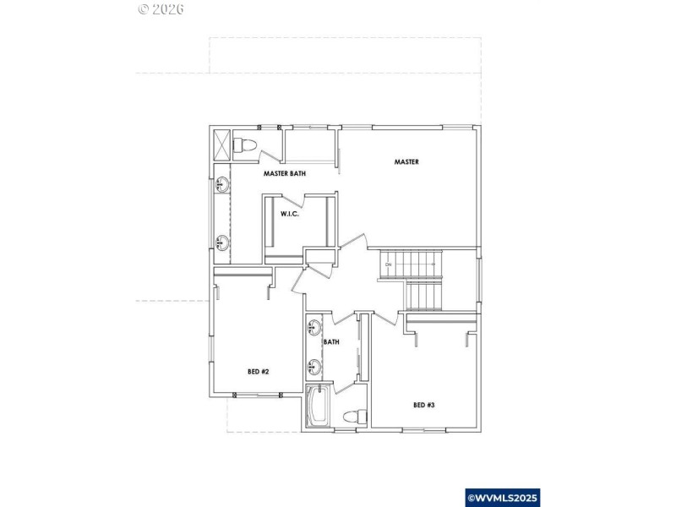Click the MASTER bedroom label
pyautogui.click(x=406, y=161)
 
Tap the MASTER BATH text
pyautogui.click(x=284, y=173)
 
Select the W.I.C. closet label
pyautogui.click(x=291, y=214)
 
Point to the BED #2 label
pyautogui.click(x=258, y=371)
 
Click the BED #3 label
pyautogui.click(x=423, y=405)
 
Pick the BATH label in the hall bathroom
pyautogui.click(x=331, y=342)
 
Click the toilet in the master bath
pyautogui.click(x=245, y=144)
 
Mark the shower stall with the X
pyautogui.click(x=221, y=143)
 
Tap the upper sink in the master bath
pyautogui.click(x=222, y=183)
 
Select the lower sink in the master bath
pyautogui.click(x=222, y=243)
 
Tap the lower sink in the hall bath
pyautogui.click(x=313, y=366)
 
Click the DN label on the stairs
pyautogui.click(x=388, y=265)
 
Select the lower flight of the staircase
pyautogui.click(x=425, y=295)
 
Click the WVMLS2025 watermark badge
pyautogui.click(x=502, y=498)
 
